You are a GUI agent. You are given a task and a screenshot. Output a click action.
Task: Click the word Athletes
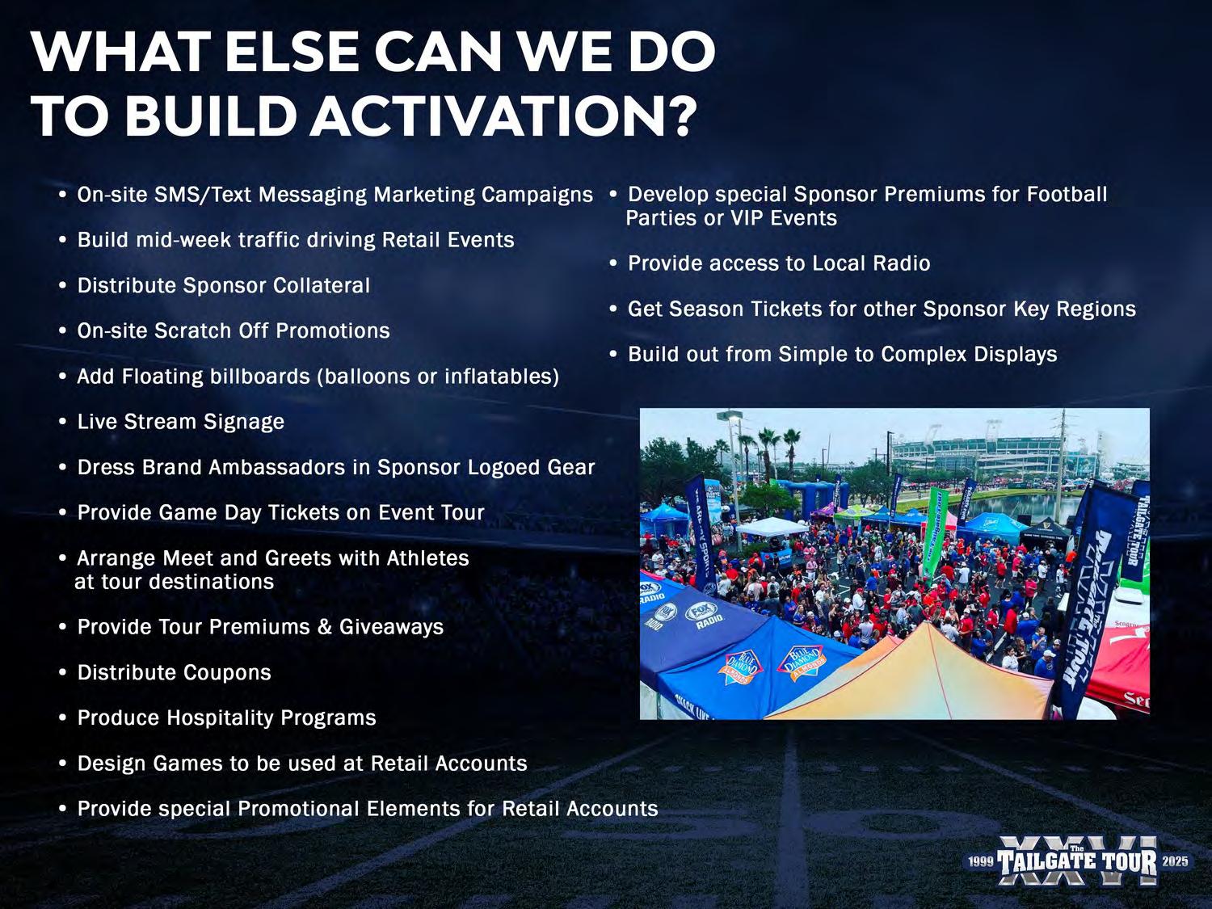click(x=427, y=558)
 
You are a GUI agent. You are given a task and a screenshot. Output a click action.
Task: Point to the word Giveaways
click(x=391, y=627)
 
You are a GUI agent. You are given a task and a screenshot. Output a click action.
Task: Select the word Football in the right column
click(x=1067, y=194)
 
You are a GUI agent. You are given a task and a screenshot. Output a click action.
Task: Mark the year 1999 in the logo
click(x=981, y=861)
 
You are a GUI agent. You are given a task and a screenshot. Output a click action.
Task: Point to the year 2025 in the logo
click(x=1175, y=861)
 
